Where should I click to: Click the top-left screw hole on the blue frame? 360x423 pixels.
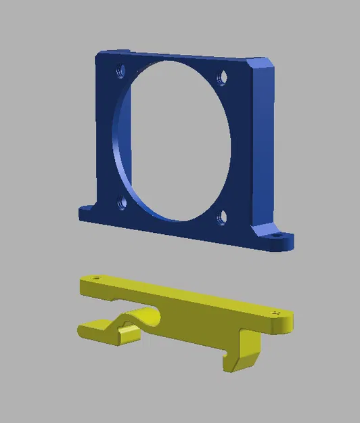click(120, 70)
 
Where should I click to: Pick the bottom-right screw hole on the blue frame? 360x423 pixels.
click(221, 217)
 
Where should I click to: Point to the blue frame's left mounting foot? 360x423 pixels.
click(88, 214)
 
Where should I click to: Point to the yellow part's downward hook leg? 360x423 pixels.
click(247, 349)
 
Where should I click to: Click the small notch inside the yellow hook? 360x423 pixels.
click(225, 352)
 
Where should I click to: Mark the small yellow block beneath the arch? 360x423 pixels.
click(127, 336)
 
